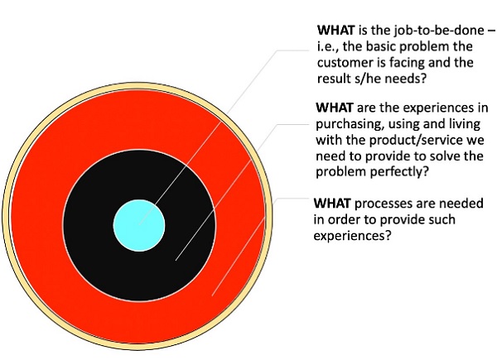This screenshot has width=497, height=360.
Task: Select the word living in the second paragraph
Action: pos(455,124)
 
